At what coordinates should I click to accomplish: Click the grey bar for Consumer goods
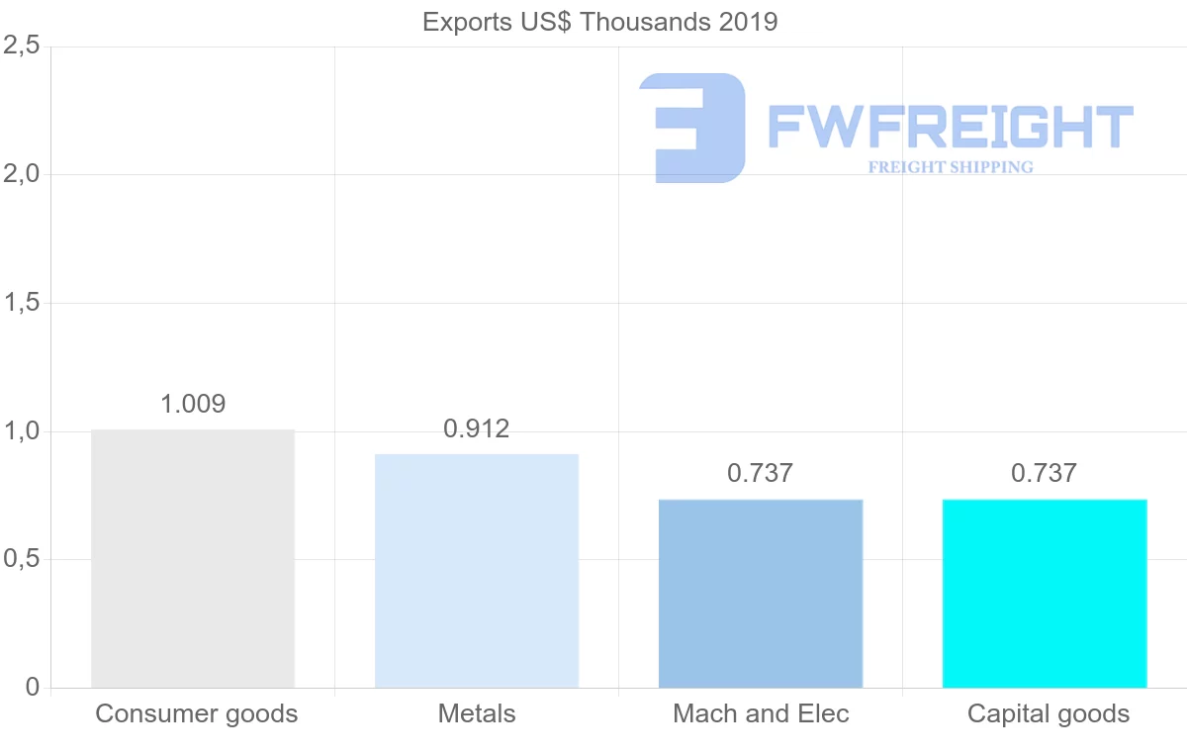193,558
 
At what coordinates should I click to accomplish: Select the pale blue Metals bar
477,571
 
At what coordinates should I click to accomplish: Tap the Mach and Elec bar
761,594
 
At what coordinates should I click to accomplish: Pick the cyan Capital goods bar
1045,594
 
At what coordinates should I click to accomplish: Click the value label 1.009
193,404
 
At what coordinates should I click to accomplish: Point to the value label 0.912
477,428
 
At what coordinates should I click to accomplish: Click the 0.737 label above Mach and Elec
761,473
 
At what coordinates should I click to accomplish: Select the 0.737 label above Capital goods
1045,473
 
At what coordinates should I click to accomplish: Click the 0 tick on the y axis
33,687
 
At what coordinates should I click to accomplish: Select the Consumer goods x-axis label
196,713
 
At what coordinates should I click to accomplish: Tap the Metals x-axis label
477,713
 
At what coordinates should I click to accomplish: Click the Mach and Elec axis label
761,713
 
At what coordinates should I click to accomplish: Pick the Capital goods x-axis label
1048,713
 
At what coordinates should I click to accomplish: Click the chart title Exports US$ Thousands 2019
600,22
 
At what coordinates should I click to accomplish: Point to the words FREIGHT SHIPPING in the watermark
951,167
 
